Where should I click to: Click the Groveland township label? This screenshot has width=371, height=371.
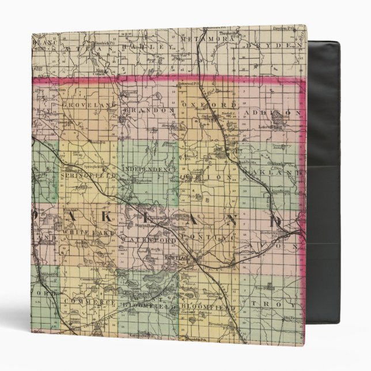click(x=87, y=107)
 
